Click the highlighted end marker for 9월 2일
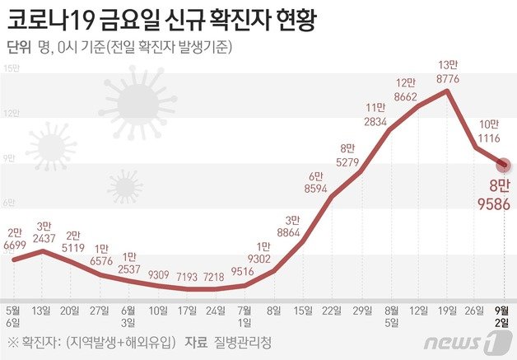(x=505, y=165)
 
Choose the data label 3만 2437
(x=45, y=231)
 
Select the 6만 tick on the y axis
(x=11, y=202)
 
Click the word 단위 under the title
(x=19, y=48)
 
